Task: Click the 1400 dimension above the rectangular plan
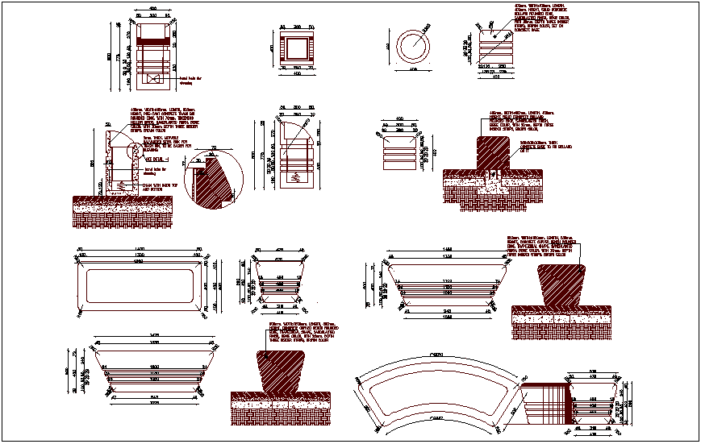click(140, 249)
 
